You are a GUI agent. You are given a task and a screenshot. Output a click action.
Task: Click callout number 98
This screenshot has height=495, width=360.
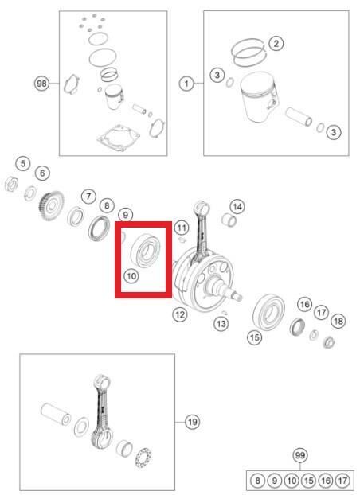[x=41, y=84]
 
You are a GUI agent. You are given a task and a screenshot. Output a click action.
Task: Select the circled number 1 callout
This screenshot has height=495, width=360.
[x=186, y=84]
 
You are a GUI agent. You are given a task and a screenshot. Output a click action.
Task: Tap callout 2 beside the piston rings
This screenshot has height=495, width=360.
[x=276, y=43]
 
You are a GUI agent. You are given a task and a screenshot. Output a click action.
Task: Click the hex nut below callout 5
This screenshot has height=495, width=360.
[x=11, y=184]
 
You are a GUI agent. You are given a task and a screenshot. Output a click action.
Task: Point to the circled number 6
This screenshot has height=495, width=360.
[x=42, y=173]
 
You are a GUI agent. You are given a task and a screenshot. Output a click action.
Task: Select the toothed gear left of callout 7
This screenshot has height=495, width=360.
[x=52, y=206]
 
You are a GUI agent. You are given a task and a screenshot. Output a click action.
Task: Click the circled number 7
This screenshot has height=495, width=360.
[x=88, y=197]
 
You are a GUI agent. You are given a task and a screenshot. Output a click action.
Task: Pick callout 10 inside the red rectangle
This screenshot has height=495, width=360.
[x=131, y=276]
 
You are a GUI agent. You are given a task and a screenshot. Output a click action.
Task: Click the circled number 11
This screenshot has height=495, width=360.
[x=182, y=228]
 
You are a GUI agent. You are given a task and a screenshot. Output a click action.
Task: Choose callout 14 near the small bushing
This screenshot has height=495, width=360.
[x=237, y=207]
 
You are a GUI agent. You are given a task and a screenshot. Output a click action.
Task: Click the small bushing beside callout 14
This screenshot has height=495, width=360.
[x=229, y=220]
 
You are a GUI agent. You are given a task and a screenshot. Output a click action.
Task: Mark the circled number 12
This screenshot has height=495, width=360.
[x=180, y=314]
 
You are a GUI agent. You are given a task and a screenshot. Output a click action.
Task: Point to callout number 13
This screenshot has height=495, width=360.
[x=221, y=324]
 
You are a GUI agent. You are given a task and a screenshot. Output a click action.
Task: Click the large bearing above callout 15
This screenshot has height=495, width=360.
[x=269, y=312]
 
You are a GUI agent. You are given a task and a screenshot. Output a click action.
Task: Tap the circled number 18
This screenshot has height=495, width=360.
[x=338, y=322]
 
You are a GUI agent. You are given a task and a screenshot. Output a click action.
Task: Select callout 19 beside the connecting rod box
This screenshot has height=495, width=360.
[x=193, y=422]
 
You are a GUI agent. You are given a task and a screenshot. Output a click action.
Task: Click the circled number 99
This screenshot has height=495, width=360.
[x=300, y=455]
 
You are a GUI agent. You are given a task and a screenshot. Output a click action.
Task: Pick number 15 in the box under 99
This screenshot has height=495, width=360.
[x=309, y=481]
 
